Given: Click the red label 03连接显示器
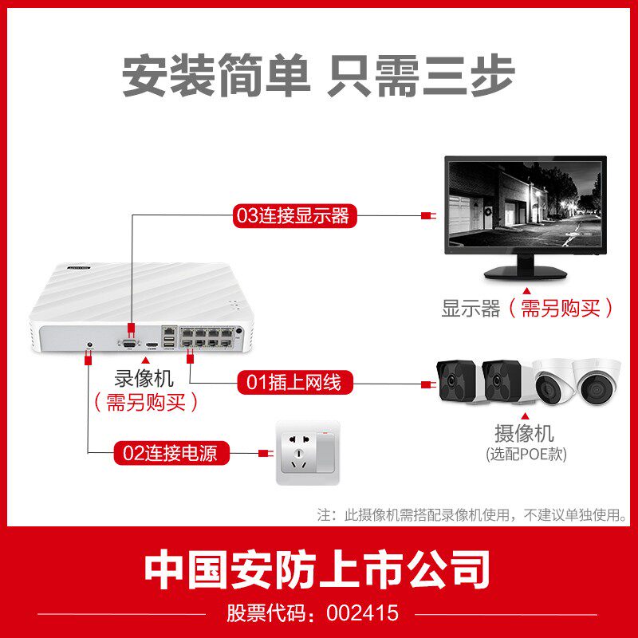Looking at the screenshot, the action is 293,215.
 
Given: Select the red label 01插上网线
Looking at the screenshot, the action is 293,383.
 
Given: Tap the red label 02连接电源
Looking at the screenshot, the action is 175,454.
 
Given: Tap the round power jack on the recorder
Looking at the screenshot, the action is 89,345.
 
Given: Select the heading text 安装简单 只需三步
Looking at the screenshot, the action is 318,76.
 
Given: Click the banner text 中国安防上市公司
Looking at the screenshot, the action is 318,569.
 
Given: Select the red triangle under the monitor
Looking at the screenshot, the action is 526,292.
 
